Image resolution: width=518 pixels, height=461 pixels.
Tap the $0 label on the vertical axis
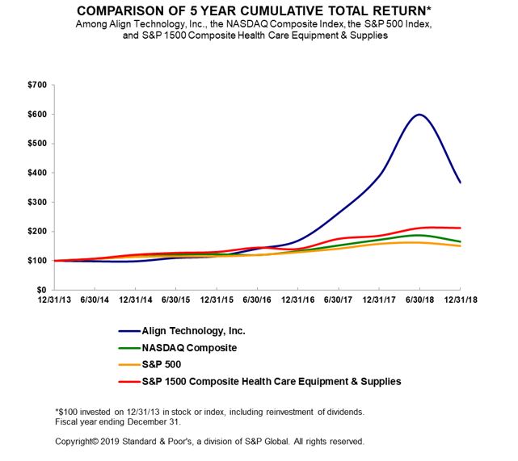pyautogui.click(x=40, y=290)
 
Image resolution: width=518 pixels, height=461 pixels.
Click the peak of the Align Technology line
pyautogui.click(x=419, y=114)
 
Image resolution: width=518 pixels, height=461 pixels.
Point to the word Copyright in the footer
pyautogui.click(x=75, y=442)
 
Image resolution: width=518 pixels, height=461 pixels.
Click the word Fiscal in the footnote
pyautogui.click(x=65, y=422)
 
